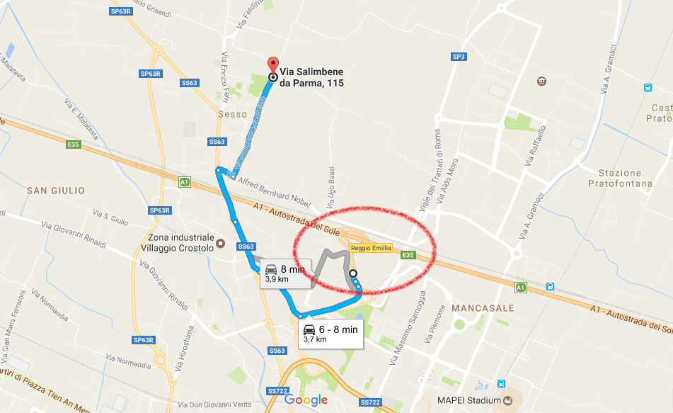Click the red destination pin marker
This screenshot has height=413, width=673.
(x=272, y=65)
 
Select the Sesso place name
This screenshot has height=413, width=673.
(x=233, y=114)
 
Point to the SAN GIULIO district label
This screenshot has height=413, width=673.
(x=55, y=191)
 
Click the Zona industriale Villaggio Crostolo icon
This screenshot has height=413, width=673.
(x=220, y=244)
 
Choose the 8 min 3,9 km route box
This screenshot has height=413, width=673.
(x=284, y=273)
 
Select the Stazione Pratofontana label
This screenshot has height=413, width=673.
(x=619, y=178)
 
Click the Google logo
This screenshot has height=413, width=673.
(x=306, y=400)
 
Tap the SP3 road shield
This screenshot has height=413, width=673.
(x=459, y=57)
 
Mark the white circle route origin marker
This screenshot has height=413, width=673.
(x=352, y=274)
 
